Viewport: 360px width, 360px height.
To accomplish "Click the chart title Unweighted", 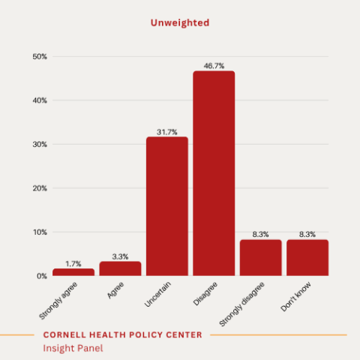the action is [x=180, y=23].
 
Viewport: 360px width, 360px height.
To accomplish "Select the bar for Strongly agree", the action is [x=73, y=272].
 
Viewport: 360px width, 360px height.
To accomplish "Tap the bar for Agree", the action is [x=120, y=268].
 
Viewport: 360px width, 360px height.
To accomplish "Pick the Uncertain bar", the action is [x=167, y=206].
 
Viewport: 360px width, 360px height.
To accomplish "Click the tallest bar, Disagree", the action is [x=214, y=173].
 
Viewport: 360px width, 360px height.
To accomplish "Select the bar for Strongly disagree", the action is [x=261, y=258].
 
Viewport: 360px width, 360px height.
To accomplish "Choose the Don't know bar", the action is [x=307, y=258].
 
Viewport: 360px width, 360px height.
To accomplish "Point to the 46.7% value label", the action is [x=214, y=66].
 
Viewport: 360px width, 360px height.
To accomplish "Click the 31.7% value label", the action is [x=167, y=132].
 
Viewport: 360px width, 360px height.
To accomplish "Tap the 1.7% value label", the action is [x=73, y=264].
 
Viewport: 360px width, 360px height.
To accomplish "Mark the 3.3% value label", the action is [x=120, y=256].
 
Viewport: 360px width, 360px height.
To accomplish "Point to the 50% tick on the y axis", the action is [x=40, y=57].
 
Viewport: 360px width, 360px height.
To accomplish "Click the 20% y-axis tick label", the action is [x=40, y=188].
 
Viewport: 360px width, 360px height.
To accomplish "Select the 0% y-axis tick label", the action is [x=42, y=276].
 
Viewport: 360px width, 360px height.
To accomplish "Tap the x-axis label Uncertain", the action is [x=157, y=294].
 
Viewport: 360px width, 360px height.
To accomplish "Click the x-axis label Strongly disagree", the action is [x=241, y=304].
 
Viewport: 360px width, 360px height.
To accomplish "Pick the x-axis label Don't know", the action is [x=295, y=297].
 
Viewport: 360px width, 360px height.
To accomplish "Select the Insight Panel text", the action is [x=73, y=348].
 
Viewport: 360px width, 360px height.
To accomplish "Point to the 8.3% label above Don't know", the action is [x=307, y=235].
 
